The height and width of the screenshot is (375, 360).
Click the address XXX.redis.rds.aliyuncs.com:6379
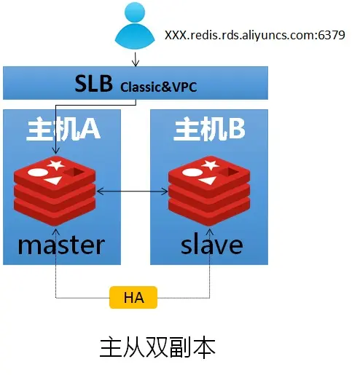254,35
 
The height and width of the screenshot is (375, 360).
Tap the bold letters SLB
95,83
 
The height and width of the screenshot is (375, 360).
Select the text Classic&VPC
159,87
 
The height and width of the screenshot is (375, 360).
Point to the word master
61,243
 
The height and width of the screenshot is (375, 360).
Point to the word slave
211,243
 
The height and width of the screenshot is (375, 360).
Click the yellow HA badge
133,296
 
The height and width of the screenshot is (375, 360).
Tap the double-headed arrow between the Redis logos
133,191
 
